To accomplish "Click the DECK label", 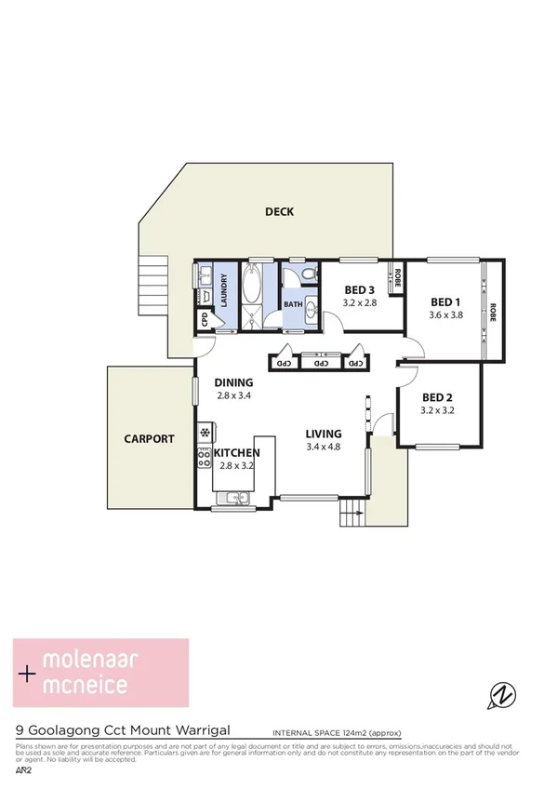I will coord(279,212).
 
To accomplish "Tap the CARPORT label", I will coord(149,439).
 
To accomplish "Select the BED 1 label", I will coord(445,302).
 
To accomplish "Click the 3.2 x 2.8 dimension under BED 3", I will coord(359,302).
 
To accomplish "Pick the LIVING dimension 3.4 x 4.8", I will coord(325,446).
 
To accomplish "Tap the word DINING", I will coord(233,382).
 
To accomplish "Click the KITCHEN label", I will coord(236,453).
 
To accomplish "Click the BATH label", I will coord(293,304).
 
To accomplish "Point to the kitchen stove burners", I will coord(204,456).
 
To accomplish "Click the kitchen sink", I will coord(232,500).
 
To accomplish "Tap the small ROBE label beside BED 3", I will coord(397,277).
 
